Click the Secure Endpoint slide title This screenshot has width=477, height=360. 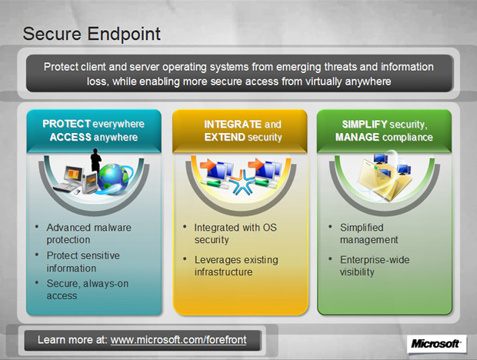pyautogui.click(x=92, y=34)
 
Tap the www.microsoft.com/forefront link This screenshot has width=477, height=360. pyautogui.click(x=178, y=340)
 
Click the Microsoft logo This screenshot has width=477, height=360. pyautogui.click(x=435, y=344)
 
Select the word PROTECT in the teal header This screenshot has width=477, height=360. pyautogui.click(x=66, y=124)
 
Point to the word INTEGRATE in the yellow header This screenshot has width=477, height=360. pyautogui.click(x=232, y=125)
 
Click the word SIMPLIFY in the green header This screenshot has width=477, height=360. pyautogui.click(x=364, y=125)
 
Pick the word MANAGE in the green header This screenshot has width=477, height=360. pyautogui.click(x=357, y=137)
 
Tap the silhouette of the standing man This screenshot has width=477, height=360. pyautogui.click(x=96, y=160)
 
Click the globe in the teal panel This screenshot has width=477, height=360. pyautogui.click(x=113, y=178)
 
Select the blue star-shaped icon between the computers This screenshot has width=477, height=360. pyautogui.click(x=242, y=182)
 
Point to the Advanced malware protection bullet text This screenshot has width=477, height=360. pyautogui.click(x=88, y=234)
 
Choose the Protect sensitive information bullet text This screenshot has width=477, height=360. pyautogui.click(x=83, y=262)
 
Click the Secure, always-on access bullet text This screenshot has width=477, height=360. pyautogui.click(x=87, y=289)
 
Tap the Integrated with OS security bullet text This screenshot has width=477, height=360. pyautogui.click(x=235, y=234)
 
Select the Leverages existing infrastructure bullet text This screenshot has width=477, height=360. pyautogui.click(x=236, y=265)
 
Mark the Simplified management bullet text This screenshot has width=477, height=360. pyautogui.click(x=369, y=234)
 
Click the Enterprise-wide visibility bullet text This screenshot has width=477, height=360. pyautogui.click(x=375, y=265)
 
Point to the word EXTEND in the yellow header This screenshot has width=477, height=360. pyautogui.click(x=225, y=137)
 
